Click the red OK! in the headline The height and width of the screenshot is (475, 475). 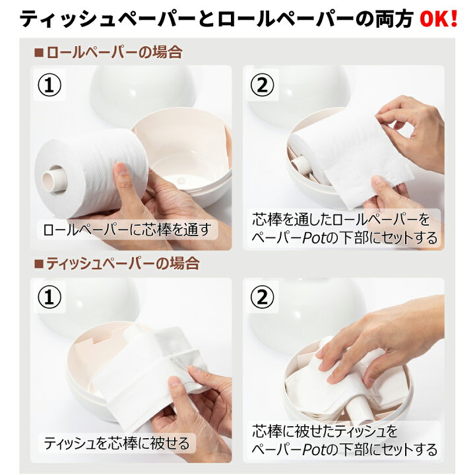[x=438, y=18]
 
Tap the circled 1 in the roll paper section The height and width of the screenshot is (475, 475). [x=49, y=85]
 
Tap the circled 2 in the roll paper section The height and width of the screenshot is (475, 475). [x=263, y=85]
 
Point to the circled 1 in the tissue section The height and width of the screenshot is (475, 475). [x=49, y=297]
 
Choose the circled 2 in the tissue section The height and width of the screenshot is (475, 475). [x=263, y=297]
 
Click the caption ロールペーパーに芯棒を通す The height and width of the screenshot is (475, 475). [x=127, y=230]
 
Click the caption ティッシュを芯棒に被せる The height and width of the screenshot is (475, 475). [x=117, y=443]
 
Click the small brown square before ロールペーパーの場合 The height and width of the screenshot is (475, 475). [x=39, y=52]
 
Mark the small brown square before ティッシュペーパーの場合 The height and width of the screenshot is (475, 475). [x=39, y=263]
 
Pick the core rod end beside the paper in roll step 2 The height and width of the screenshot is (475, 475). [x=301, y=164]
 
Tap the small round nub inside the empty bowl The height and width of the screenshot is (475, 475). [x=181, y=181]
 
